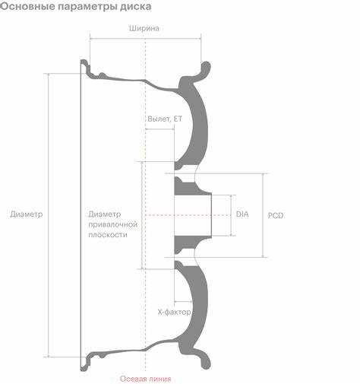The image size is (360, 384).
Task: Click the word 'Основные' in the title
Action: pyautogui.click(x=27, y=6)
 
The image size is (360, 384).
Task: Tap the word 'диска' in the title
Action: pyautogui.click(x=135, y=7)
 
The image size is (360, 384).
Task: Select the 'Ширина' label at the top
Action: pyautogui.click(x=144, y=28)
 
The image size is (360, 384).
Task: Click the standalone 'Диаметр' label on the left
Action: pyautogui.click(x=27, y=214)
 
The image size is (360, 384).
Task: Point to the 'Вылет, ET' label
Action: pyautogui.click(x=165, y=119)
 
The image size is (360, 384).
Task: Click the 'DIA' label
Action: pyautogui.click(x=242, y=214)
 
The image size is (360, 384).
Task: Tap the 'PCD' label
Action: pyautogui.click(x=276, y=216)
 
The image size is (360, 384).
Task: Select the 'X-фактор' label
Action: pyautogui.click(x=175, y=313)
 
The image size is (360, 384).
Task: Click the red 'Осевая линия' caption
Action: pyautogui.click(x=146, y=379)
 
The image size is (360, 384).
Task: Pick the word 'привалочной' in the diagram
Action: pyautogui.click(x=113, y=225)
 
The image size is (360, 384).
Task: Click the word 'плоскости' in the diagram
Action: pyautogui.click(x=108, y=235)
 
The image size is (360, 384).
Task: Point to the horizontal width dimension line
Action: pyautogui.click(x=146, y=39)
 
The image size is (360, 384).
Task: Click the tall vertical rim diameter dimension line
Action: pyautogui.click(x=48, y=215)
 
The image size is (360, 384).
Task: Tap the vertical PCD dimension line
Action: pyautogui.click(x=264, y=215)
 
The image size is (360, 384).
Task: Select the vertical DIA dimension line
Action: pyautogui.click(x=231, y=215)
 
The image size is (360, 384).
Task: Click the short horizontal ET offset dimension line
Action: pyautogui.click(x=159, y=129)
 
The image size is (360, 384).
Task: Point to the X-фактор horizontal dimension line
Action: pyautogui.click(x=183, y=302)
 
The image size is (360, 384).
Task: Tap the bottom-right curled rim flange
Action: pyautogui.click(x=205, y=360)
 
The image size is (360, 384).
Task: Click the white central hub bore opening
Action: pyautogui.click(x=193, y=215)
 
